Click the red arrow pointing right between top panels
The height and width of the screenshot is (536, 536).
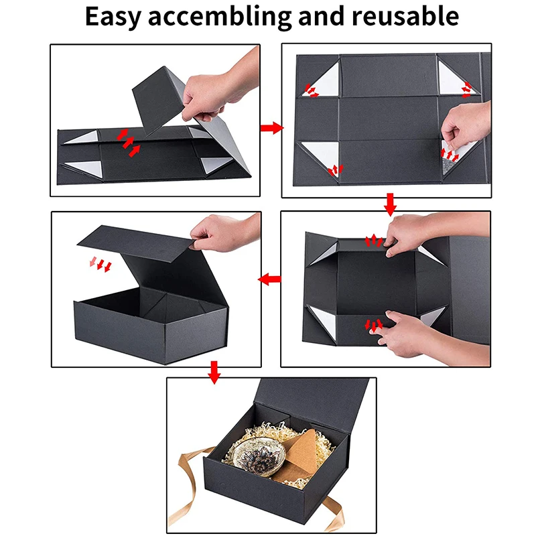coord(271,127)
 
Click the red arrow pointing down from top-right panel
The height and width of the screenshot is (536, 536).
coord(391,202)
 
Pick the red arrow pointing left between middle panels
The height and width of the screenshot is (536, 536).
coord(270,279)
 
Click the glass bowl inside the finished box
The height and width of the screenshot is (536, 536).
coord(263,458)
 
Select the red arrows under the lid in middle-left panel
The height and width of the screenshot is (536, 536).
coord(100,265)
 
